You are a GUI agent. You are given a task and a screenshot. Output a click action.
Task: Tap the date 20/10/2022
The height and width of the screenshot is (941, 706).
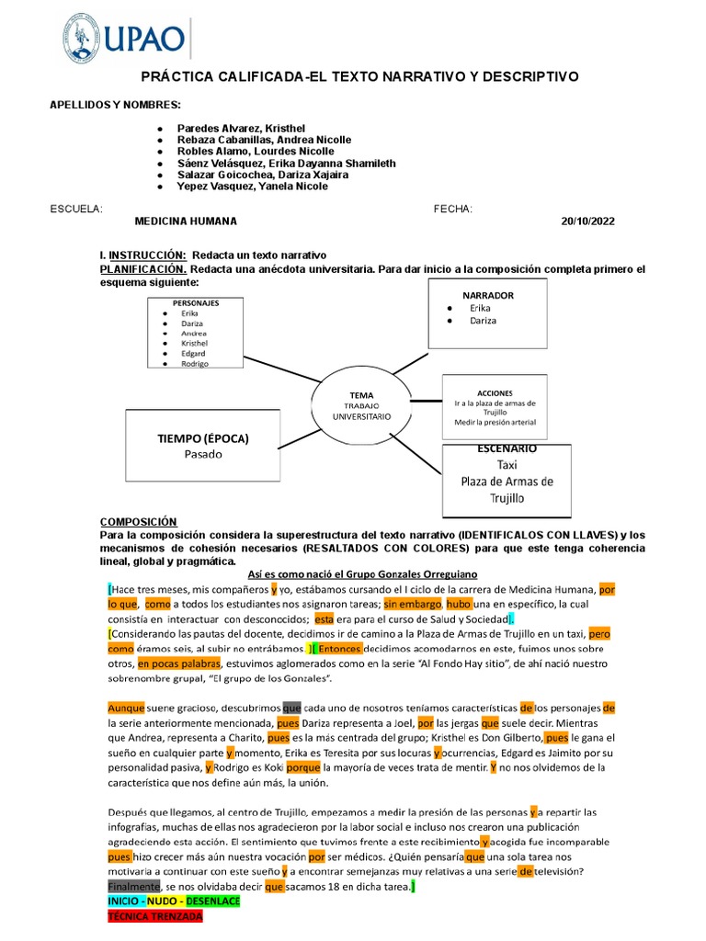[x=587, y=221]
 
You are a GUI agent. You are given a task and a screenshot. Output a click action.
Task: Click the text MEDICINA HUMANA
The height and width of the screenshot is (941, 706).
[x=186, y=221]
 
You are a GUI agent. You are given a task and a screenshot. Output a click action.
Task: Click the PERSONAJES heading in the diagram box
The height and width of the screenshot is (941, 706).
[x=196, y=302]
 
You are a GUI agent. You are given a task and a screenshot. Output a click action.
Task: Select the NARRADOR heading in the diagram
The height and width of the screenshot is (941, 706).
[x=487, y=295]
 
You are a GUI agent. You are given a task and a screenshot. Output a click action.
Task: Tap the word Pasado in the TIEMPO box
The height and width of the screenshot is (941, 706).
[x=203, y=454]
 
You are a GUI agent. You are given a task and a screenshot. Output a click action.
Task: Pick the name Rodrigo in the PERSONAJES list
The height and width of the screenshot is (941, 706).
[x=194, y=364]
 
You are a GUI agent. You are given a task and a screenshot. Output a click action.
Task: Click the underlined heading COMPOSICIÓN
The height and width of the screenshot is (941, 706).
[x=138, y=520]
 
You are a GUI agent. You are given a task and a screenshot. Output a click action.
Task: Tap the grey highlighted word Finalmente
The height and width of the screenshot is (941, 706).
[x=133, y=886]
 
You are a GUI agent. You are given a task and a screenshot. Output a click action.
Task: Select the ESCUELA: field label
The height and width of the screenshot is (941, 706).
[x=76, y=209]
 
